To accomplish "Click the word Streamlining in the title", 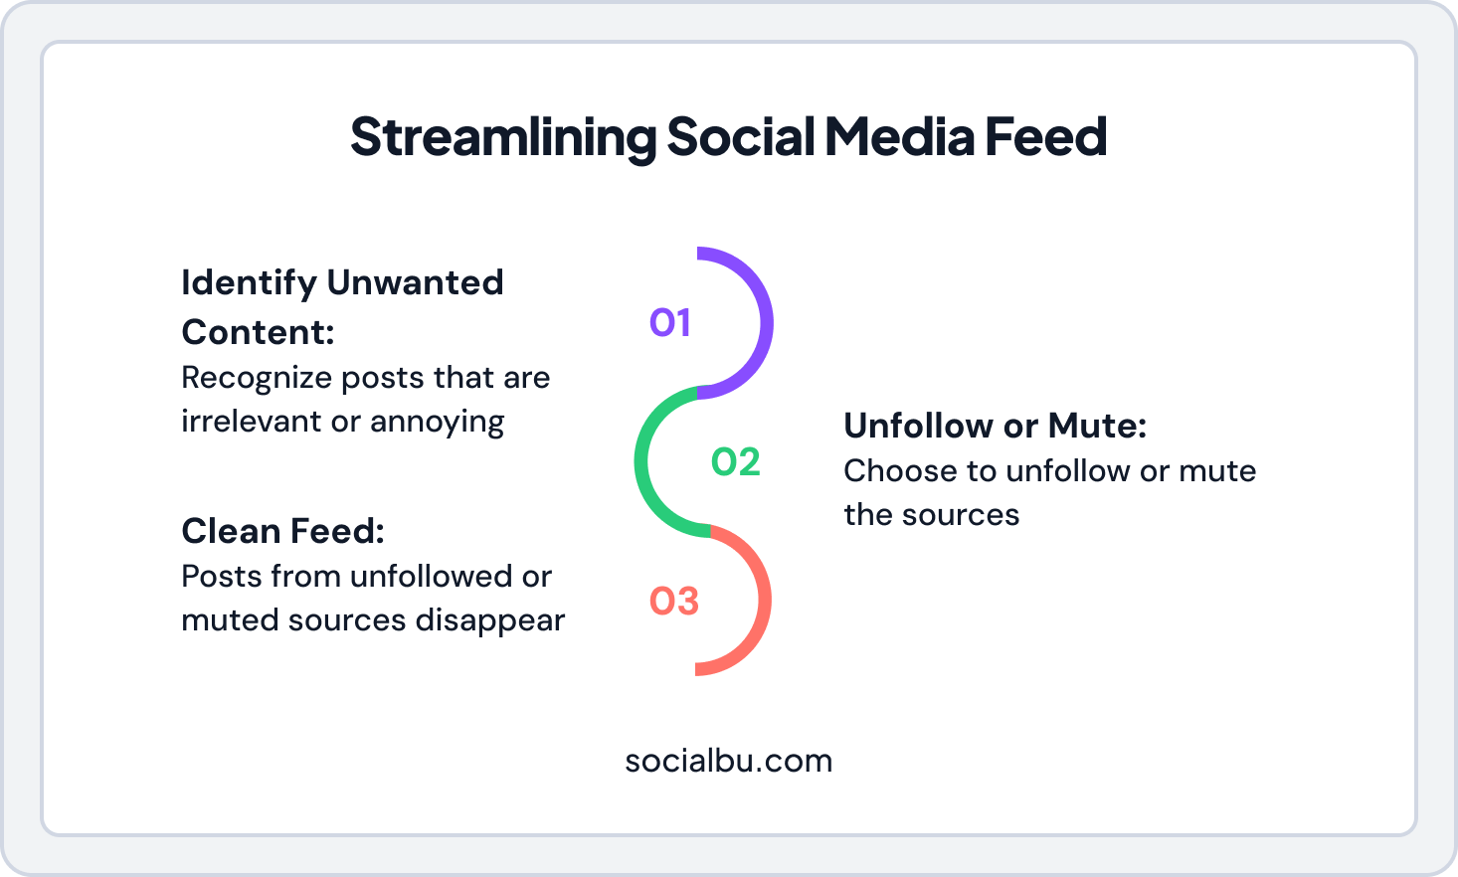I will pos(503,137).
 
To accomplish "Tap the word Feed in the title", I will pos(1045,137).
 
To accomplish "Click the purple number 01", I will pos(669,322).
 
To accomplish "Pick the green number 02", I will pos(735,461).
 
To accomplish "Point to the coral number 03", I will pos(673,601).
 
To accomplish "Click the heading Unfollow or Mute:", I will pos(995,426).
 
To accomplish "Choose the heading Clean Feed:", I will pos(282,531).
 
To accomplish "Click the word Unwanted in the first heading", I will pos(415,282).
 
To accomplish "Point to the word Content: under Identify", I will pos(258,331).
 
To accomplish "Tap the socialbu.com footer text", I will pos(728,761).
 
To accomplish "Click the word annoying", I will pos(437,422).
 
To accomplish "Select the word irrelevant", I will pos(252,422).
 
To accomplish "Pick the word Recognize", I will pos(256,378).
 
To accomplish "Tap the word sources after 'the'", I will pos(960,515).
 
